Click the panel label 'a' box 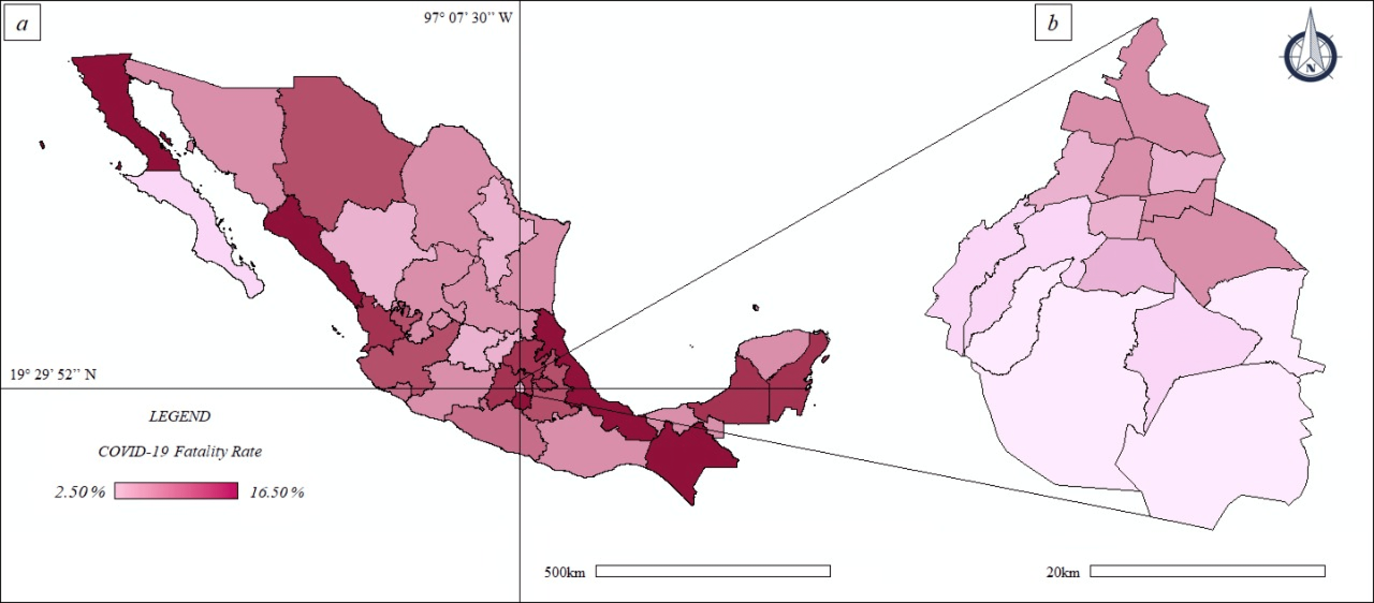coord(22,24)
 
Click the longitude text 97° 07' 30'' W coord(468,18)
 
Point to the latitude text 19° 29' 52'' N coord(53,375)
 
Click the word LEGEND coord(179,416)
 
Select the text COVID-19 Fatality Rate coord(180,452)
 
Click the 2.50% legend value coord(80,491)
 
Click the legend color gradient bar coord(176,491)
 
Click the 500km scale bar coord(713,571)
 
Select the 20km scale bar coord(1207,571)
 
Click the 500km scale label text coord(564,573)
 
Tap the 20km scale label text coord(1062,573)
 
